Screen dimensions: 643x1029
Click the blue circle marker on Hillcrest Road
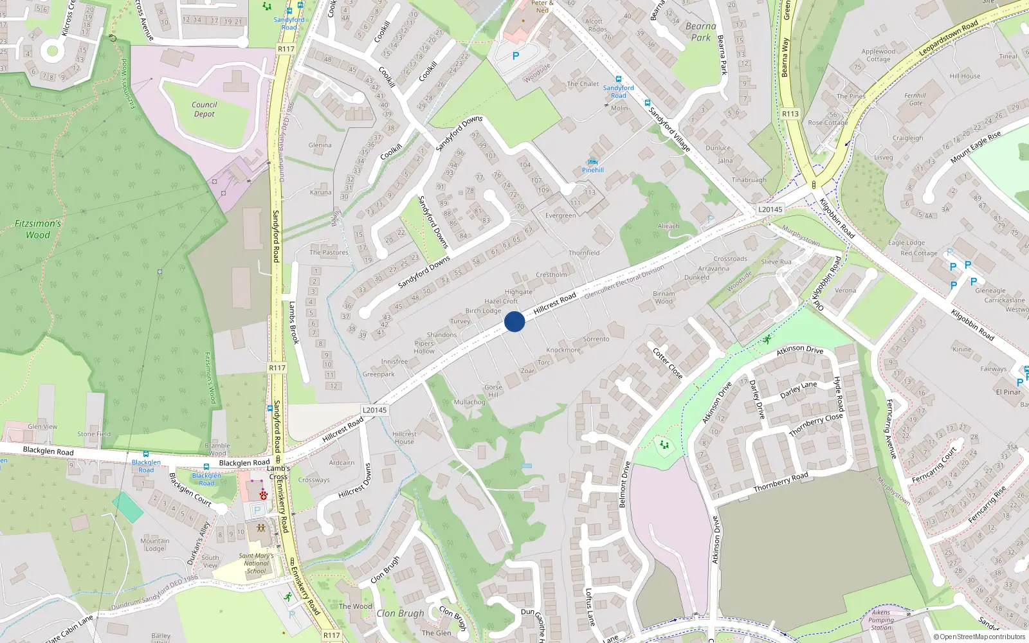pyautogui.click(x=514, y=321)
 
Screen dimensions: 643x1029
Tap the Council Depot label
pyautogui.click(x=204, y=109)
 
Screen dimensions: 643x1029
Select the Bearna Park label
pyautogui.click(x=700, y=32)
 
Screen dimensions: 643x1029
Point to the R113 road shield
pyautogui.click(x=790, y=114)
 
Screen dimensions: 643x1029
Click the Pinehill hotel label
pyautogui.click(x=592, y=170)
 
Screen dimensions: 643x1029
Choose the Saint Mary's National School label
pyautogui.click(x=256, y=563)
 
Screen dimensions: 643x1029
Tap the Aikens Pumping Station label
pyautogui.click(x=881, y=620)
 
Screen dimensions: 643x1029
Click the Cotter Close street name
pyautogui.click(x=668, y=363)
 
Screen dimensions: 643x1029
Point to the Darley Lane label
pyautogui.click(x=798, y=390)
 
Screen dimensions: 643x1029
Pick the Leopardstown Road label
pyautogui.click(x=948, y=38)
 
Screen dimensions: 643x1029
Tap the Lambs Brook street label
pyautogui.click(x=293, y=323)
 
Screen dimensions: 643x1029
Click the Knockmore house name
pyautogui.click(x=563, y=350)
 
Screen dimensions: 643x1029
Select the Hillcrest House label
pyautogui.click(x=404, y=438)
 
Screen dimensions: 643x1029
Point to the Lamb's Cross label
pyautogui.click(x=278, y=473)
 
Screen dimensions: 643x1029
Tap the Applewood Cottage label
pyautogui.click(x=878, y=55)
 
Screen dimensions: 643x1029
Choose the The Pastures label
pyautogui.click(x=329, y=252)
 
